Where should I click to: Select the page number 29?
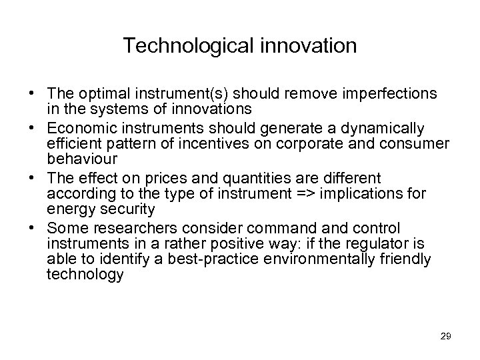click(x=446, y=336)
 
